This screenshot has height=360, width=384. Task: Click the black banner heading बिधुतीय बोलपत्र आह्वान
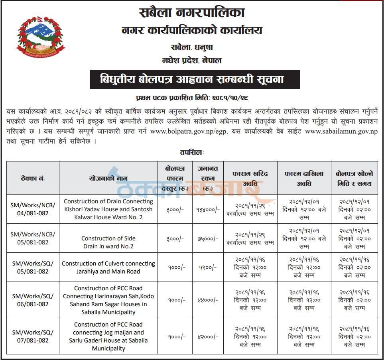pyautogui.click(x=192, y=79)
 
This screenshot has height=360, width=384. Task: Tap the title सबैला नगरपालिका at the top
pyautogui.click(x=192, y=13)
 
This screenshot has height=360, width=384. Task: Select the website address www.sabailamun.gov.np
pyautogui.click(x=341, y=132)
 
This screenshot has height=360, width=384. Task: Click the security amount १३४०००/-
pyautogui.click(x=207, y=209)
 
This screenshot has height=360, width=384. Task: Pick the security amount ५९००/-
pyautogui.click(x=207, y=268)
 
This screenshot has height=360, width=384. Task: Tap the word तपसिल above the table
pyautogui.click(x=192, y=153)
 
